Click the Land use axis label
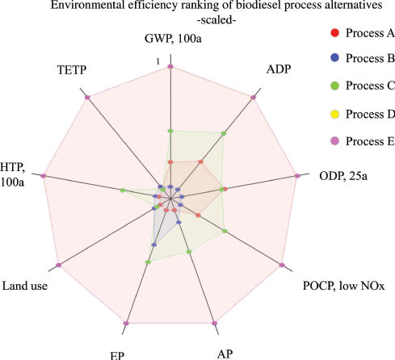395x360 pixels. point(29,285)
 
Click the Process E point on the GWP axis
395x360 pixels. point(170,66)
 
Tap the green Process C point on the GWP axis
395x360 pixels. point(170,131)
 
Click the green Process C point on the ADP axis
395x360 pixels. point(224,132)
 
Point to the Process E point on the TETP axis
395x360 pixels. point(86,98)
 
